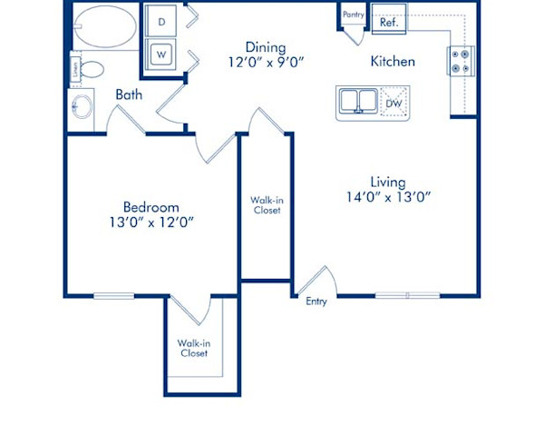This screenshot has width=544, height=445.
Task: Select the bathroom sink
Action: coord(83,106)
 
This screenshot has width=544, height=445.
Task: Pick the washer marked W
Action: coord(161,54)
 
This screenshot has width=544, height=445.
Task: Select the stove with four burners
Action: coord(459,61)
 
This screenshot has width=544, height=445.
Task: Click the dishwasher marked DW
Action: coord(393,104)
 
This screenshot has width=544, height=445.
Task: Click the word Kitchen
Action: coord(393,62)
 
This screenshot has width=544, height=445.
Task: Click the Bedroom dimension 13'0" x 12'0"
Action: coord(152,221)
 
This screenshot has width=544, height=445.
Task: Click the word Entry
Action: coord(316,302)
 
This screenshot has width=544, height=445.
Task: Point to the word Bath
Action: coord(127,93)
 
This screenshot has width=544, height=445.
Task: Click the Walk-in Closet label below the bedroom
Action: coord(192,348)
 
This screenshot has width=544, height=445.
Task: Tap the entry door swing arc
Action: coord(321,277)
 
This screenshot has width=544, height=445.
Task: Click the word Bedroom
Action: coord(151,206)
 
